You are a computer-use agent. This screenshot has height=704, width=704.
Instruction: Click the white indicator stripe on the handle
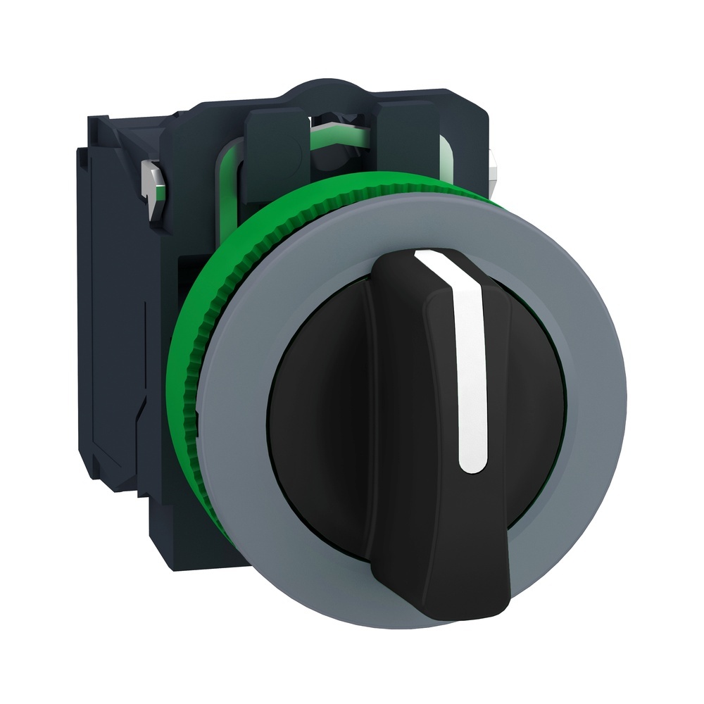471,366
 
